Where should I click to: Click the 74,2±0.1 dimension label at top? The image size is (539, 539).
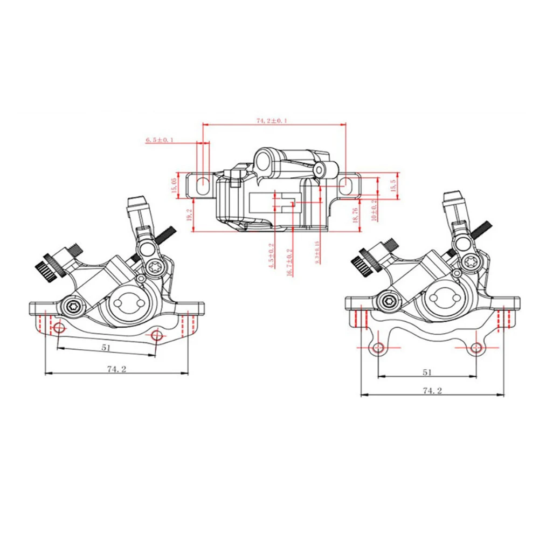pos(273,121)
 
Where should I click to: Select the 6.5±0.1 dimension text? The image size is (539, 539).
pos(160,140)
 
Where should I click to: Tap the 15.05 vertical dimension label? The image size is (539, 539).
pos(174,185)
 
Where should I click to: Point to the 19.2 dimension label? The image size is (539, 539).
pos(189,215)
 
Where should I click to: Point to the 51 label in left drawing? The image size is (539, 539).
pos(106,348)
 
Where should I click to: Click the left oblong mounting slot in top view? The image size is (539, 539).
pos(203,182)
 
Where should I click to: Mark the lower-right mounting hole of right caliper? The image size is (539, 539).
pos(475,348)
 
